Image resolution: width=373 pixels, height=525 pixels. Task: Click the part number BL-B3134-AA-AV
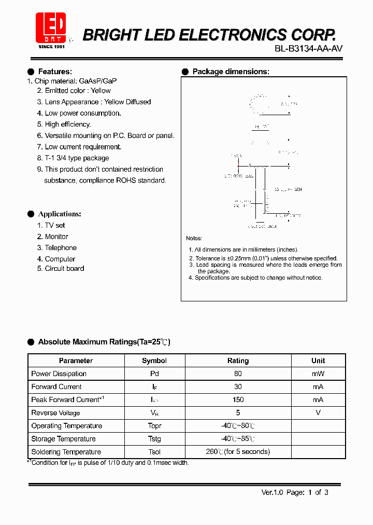tap(309, 49)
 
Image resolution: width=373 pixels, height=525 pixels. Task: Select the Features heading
tap(55, 72)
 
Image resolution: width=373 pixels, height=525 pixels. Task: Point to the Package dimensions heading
tap(231, 72)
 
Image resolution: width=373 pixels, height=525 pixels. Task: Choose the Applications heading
tap(60, 214)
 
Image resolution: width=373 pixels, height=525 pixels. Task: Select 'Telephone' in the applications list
tap(61, 247)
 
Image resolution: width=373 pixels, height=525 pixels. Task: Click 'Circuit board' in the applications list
tap(64, 268)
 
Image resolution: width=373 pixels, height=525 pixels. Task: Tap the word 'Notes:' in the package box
tap(194, 238)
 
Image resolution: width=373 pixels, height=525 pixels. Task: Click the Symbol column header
tap(154, 361)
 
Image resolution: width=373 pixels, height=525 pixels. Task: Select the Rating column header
tap(238, 361)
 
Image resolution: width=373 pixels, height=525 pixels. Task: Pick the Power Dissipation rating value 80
tap(238, 374)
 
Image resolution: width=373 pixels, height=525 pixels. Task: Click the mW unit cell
tap(318, 374)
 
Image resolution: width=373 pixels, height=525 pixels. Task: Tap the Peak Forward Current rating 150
tap(238, 399)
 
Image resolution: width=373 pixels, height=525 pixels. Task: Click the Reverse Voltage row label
tap(56, 413)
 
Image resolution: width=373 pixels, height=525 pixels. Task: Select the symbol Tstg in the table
tap(154, 438)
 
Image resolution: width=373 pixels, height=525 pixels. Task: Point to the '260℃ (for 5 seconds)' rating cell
tap(238, 451)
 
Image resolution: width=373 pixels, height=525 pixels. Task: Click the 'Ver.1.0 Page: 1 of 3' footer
tap(295, 492)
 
